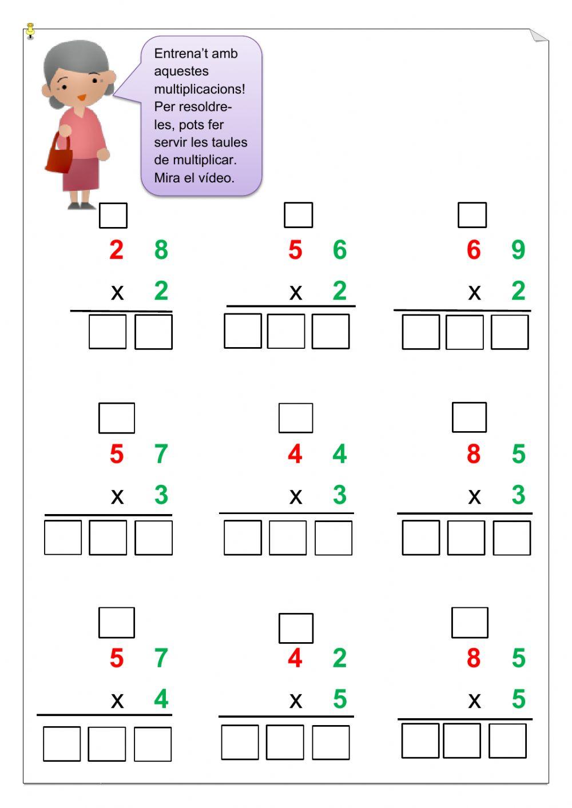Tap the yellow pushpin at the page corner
(30, 30)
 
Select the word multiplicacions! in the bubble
(200, 89)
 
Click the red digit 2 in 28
(117, 250)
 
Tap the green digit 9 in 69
(518, 250)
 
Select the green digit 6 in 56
(340, 250)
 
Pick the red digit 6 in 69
(474, 250)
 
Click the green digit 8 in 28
(161, 250)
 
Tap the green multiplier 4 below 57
(161, 699)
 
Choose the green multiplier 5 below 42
(340, 699)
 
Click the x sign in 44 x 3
(296, 496)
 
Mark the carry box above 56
(299, 215)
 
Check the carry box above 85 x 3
(470, 417)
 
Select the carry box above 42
(296, 628)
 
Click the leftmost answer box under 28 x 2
(108, 332)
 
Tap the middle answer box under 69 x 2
(464, 332)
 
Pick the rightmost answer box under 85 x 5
(507, 741)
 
